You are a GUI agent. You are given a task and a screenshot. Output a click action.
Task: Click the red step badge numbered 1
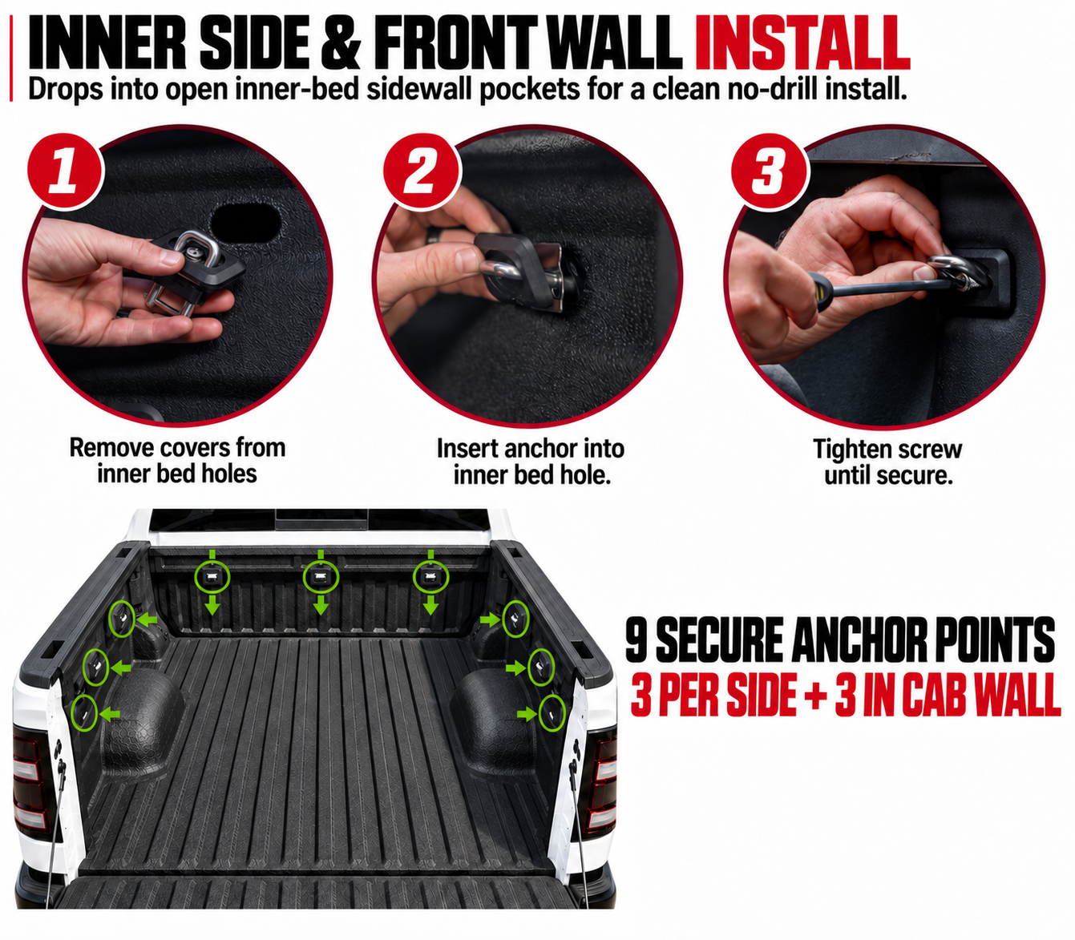click(x=65, y=171)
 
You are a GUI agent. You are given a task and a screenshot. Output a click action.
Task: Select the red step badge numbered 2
click(x=422, y=171)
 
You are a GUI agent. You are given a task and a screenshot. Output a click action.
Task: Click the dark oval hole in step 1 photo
click(x=246, y=223)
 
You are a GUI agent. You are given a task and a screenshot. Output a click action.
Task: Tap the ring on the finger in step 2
click(x=434, y=234)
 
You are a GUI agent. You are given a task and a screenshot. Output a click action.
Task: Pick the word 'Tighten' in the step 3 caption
click(x=847, y=450)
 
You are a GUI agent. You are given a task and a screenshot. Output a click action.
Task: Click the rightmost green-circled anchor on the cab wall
click(x=430, y=578)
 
